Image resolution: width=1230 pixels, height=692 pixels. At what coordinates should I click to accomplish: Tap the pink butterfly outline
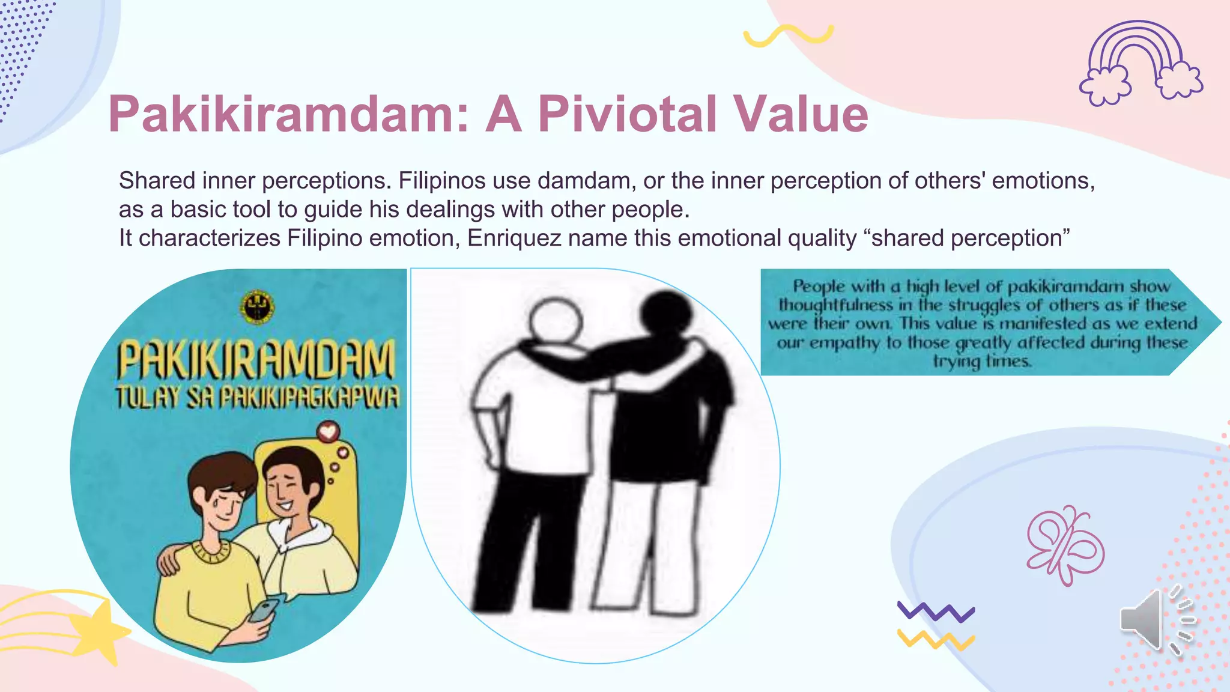[x=1065, y=545]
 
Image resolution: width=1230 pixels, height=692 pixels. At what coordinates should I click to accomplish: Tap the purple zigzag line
[x=936, y=612]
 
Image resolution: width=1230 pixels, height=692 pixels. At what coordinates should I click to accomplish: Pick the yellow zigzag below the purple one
[x=936, y=640]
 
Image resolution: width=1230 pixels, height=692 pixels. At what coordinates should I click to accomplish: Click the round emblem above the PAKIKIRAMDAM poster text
[x=258, y=308]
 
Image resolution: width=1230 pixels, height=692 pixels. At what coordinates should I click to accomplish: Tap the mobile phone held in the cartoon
[x=264, y=610]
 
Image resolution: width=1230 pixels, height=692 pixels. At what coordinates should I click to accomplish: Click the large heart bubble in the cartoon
[x=328, y=431]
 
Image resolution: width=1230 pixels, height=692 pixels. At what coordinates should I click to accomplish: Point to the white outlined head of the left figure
[x=556, y=318]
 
